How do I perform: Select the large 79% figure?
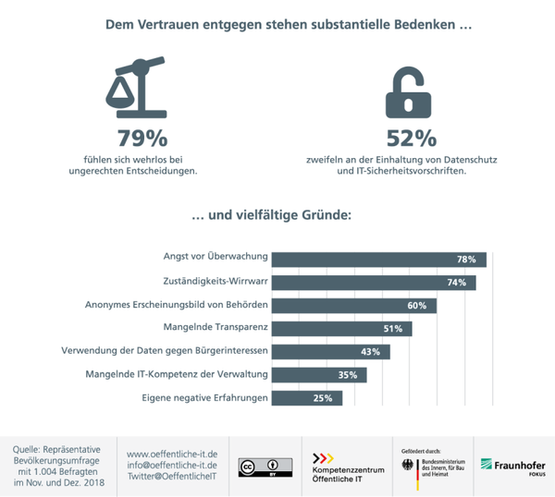tap(142, 139)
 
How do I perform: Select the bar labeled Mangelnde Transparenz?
tap(342, 328)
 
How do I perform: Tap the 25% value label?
tap(323, 398)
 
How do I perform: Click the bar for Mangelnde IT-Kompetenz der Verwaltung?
tap(320, 375)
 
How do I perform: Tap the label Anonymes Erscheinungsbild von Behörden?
tap(177, 306)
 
